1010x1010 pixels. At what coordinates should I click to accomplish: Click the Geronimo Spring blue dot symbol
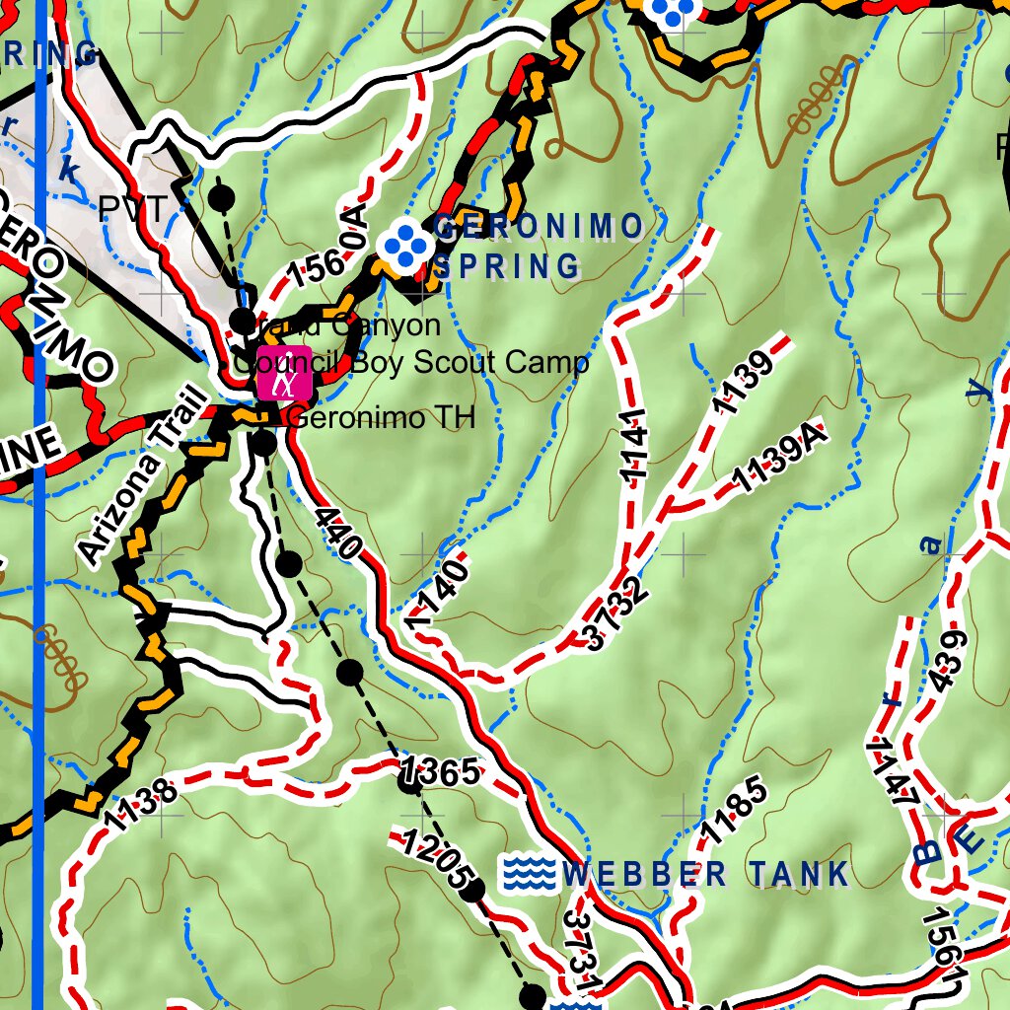[406, 243]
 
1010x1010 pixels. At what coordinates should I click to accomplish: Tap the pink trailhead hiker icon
[285, 373]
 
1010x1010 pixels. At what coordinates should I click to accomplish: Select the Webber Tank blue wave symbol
[528, 874]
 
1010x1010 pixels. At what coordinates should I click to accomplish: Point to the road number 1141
[633, 446]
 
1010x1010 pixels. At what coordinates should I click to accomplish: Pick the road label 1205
[434, 858]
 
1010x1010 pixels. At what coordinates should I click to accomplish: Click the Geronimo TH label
[381, 418]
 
